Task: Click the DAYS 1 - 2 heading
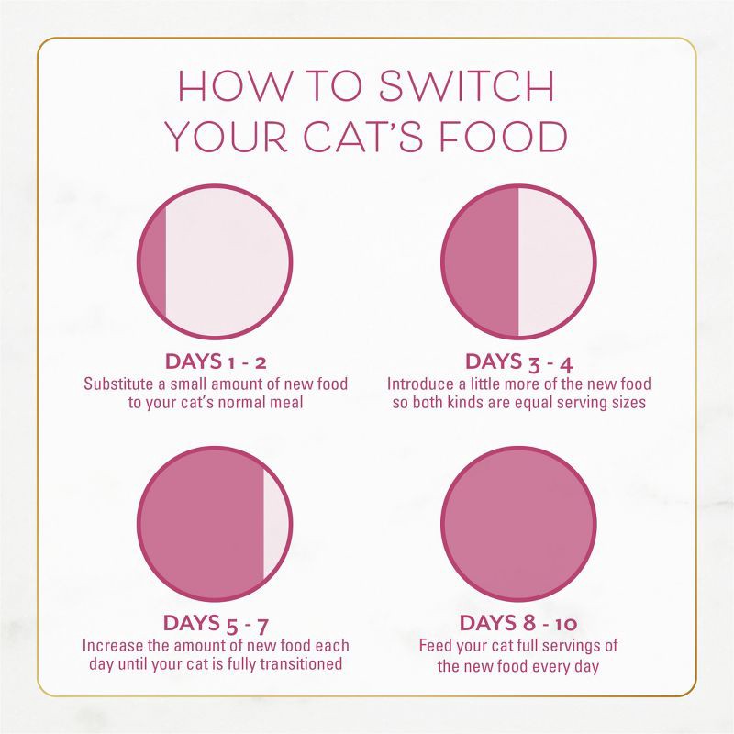tap(215, 361)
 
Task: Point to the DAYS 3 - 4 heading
tap(519, 361)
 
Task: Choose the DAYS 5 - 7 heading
tap(215, 624)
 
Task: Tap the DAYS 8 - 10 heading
tap(519, 624)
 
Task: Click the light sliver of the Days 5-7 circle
tap(275, 524)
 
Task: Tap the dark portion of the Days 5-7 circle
tap(202, 524)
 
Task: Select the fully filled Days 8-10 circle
tap(518, 524)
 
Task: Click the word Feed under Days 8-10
tap(436, 646)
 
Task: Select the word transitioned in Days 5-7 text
tap(301, 664)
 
